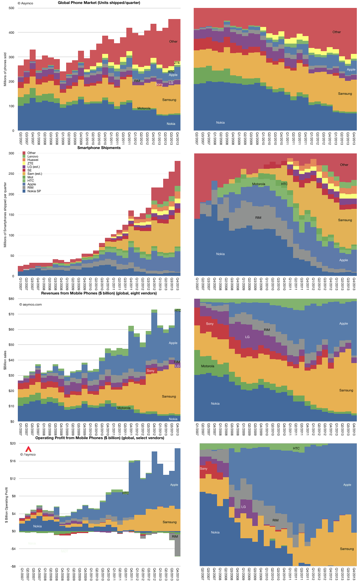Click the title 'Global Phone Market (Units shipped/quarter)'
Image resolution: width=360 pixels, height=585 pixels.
click(x=99, y=3)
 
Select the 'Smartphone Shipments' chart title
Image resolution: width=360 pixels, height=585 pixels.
click(x=99, y=148)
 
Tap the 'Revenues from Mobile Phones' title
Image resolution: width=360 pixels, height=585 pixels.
click(x=99, y=293)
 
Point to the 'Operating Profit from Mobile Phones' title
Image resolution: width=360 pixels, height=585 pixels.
click(x=100, y=438)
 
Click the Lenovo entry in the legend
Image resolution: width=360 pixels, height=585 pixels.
click(x=33, y=157)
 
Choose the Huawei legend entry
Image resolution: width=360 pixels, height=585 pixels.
click(x=33, y=160)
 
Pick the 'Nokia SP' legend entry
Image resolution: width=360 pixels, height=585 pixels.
click(x=34, y=191)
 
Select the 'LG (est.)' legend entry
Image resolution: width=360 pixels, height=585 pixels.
click(x=34, y=167)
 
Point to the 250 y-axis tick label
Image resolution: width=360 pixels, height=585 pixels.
click(x=11, y=174)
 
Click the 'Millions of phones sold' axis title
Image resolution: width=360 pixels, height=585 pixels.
click(x=6, y=69)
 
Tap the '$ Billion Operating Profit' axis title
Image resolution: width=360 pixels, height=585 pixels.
click(x=6, y=505)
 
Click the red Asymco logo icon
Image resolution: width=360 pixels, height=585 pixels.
click(x=28, y=449)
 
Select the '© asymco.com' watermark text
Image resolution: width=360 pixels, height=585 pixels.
click(x=30, y=305)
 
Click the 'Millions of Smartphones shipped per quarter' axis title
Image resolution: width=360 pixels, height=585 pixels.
click(x=6, y=214)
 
